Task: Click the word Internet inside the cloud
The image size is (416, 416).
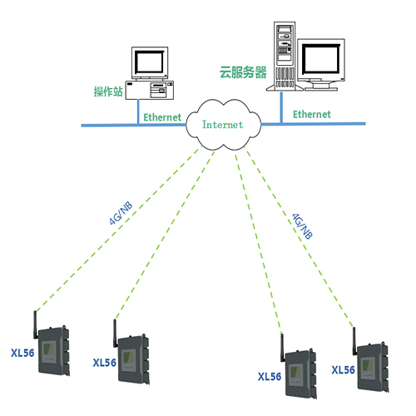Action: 223,125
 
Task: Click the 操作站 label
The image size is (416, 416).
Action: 108,92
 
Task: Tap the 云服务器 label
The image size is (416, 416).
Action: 243,72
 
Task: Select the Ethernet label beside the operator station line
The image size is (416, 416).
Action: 162,117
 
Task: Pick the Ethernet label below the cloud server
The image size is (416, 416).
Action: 312,114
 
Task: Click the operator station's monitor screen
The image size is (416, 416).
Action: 150,62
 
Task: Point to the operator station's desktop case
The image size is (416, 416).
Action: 150,90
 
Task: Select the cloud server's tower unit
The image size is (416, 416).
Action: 285,57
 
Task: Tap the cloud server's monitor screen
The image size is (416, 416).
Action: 321,59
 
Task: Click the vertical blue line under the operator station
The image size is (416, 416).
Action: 138,111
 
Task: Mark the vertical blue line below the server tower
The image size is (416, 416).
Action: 281,107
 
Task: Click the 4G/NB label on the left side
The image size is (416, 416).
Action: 121,213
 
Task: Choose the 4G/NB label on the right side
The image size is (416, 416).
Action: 303,226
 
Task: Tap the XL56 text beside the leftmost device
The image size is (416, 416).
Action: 22,353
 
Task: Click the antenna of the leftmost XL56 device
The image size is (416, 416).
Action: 36,324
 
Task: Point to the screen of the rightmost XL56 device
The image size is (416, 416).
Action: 368,366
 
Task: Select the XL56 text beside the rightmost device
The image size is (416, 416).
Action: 344,370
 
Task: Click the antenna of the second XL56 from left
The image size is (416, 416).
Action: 115,333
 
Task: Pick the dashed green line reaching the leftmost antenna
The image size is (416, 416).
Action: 117,230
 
